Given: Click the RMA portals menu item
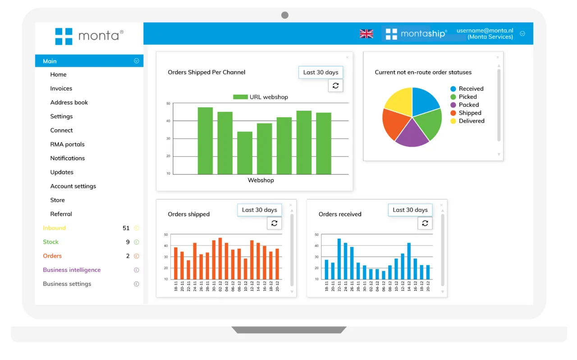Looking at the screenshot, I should point(67,144).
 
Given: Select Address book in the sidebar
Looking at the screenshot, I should point(69,102).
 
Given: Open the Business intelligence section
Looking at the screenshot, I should point(72,270).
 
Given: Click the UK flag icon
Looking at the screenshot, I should point(366,34).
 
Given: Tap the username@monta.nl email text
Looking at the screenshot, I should point(485,31).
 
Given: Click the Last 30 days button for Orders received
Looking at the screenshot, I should point(410,210).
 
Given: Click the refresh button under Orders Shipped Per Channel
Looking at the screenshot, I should point(335,86).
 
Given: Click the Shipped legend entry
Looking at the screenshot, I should point(470,113).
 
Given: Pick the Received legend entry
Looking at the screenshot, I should point(471,89).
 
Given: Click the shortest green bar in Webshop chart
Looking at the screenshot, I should point(245,153).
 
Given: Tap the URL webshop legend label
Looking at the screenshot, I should point(268,97).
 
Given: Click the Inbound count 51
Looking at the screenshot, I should point(126,228).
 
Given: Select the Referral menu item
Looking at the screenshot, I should point(61,214).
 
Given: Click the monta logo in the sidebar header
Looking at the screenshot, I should point(89,36).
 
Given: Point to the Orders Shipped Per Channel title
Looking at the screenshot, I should point(206,72).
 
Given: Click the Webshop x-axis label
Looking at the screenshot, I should point(261,180).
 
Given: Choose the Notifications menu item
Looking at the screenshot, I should point(67,158).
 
